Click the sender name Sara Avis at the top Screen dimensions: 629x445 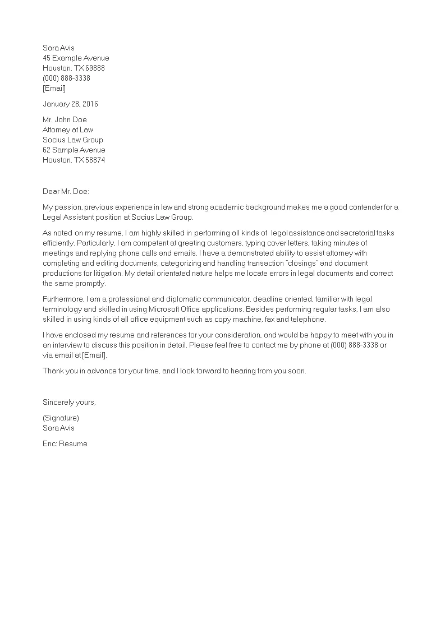coord(58,48)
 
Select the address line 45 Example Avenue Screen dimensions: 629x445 coord(76,58)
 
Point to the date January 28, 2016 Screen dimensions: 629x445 coord(70,104)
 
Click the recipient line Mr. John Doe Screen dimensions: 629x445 coord(65,119)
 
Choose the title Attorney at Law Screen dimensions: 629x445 coord(68,129)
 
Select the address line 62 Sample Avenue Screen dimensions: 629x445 coord(74,150)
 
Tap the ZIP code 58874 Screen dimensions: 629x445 coord(95,160)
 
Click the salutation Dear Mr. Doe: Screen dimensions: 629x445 coord(66,191)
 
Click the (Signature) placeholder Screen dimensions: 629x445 coord(61,418)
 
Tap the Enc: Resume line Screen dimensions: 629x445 coord(65,443)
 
